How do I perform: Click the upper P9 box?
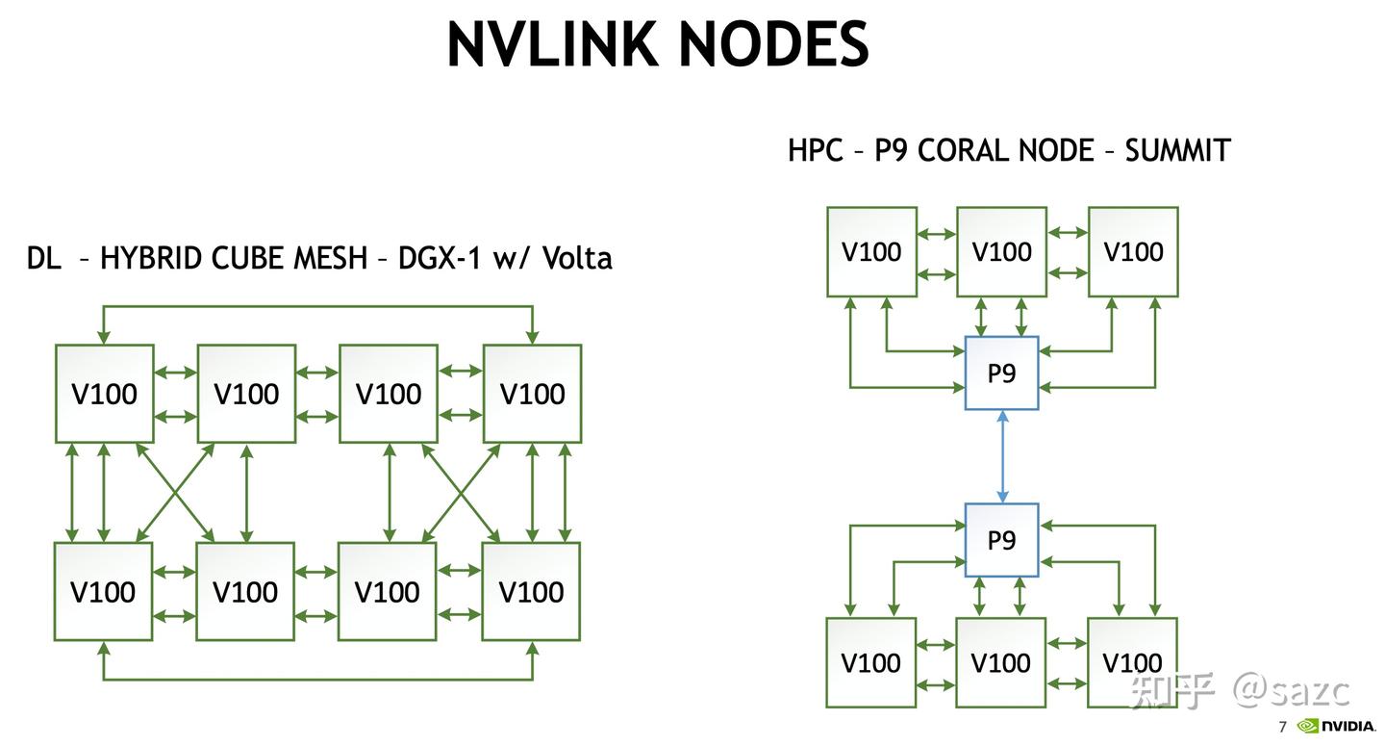point(1001,373)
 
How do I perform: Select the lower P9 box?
point(1001,540)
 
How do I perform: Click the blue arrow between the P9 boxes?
point(1002,456)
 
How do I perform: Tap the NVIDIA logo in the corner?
point(1336,726)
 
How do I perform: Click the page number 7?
point(1282,727)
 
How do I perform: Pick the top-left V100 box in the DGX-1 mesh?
point(104,394)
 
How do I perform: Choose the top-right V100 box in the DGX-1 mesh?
point(532,394)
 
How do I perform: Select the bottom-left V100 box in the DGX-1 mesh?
point(103,591)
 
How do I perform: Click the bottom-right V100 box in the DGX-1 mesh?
point(531,591)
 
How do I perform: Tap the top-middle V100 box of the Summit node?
point(1001,252)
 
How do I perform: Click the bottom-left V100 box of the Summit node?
point(871,662)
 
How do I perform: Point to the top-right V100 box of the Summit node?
point(1133,252)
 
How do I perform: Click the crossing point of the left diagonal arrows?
point(175,492)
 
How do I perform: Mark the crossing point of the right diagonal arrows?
point(461,492)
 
